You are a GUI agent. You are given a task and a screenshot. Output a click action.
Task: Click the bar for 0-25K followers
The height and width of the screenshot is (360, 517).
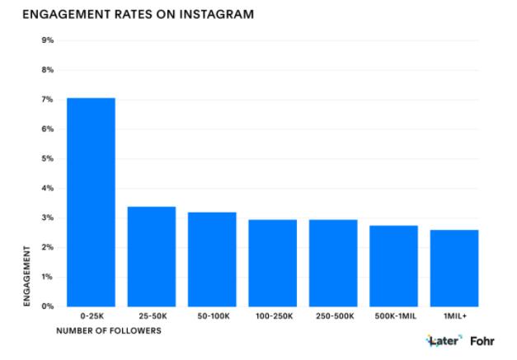(91, 202)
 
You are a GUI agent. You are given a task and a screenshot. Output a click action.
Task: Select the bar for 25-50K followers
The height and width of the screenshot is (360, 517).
(151, 256)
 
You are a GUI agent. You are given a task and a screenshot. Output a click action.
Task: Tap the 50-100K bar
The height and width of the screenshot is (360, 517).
(212, 259)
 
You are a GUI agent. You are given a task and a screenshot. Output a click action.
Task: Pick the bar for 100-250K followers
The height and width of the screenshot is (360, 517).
(272, 263)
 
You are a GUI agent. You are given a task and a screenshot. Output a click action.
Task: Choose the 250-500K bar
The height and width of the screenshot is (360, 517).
(333, 263)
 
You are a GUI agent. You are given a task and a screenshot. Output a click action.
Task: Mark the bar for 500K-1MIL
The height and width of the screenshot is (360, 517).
(393, 265)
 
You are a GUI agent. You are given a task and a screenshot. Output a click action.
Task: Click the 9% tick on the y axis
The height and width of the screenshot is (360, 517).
(48, 40)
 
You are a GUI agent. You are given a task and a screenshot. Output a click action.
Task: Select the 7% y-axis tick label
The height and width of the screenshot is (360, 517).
(48, 100)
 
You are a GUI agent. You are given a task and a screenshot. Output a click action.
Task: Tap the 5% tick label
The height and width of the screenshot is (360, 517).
(48, 159)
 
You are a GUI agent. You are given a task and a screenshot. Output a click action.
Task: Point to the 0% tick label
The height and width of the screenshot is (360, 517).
(48, 306)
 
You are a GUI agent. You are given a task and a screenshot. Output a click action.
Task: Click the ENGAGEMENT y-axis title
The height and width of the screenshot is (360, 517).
(28, 275)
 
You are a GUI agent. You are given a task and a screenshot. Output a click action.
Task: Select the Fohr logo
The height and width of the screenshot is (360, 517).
(482, 340)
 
